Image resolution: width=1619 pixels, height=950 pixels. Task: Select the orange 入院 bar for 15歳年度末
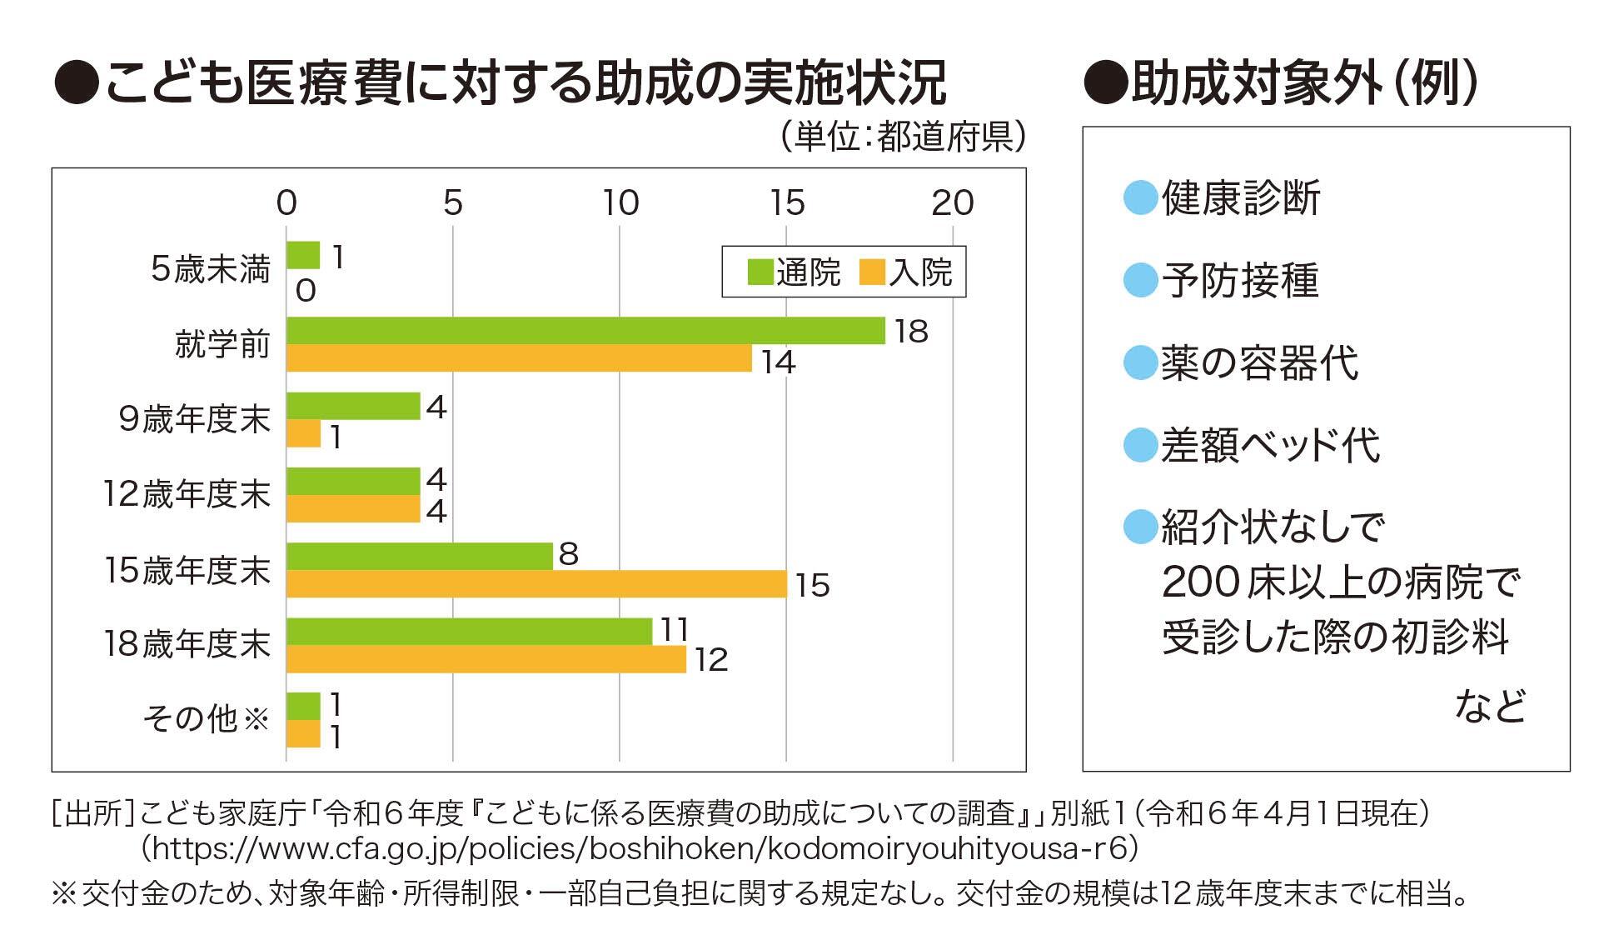(536, 584)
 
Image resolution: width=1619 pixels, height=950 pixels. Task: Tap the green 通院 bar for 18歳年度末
(469, 632)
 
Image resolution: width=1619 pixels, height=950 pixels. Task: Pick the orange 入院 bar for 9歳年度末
(303, 434)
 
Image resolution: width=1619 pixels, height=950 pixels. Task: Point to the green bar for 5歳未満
(303, 255)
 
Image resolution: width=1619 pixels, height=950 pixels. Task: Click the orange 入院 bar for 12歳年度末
(353, 509)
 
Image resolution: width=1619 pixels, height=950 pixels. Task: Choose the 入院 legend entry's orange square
(872, 272)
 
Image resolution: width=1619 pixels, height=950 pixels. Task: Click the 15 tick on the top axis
(787, 203)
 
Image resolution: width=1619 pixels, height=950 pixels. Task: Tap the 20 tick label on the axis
(953, 203)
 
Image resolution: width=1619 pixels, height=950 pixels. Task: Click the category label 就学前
(222, 343)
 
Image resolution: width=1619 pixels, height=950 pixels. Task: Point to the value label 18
(911, 332)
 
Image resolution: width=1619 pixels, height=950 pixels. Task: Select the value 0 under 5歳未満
(306, 291)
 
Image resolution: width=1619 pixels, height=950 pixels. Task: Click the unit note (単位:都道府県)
(903, 137)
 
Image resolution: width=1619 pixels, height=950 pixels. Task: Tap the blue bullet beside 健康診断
(1140, 198)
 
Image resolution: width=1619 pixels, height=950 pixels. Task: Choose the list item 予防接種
(1240, 281)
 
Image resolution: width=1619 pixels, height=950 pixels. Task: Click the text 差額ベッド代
(1271, 446)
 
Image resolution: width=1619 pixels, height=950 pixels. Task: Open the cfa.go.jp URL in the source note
(639, 848)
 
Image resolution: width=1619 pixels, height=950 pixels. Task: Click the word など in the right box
(1490, 706)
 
